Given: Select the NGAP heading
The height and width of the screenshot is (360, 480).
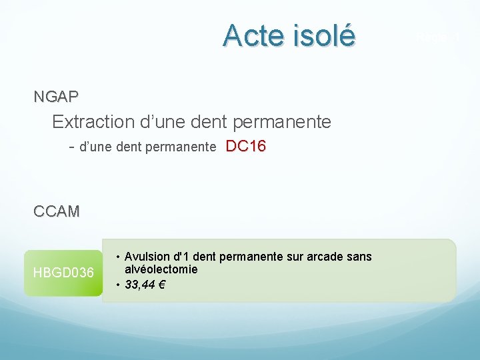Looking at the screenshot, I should pyautogui.click(x=56, y=97).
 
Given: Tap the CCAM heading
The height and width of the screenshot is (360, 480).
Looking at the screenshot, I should pyautogui.click(x=57, y=212).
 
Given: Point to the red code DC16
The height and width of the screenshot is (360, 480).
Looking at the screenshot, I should pyautogui.click(x=246, y=147).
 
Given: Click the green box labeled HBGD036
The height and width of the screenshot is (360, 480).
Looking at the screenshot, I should pyautogui.click(x=63, y=272).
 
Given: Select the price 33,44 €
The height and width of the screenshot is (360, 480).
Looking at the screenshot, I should pyautogui.click(x=145, y=285).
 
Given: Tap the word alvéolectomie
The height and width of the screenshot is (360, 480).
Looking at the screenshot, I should pyautogui.click(x=161, y=269).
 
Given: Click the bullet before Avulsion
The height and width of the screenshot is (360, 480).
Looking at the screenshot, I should pyautogui.click(x=117, y=257).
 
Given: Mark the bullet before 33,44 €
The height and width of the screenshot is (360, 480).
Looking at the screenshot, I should pyautogui.click(x=117, y=285).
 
